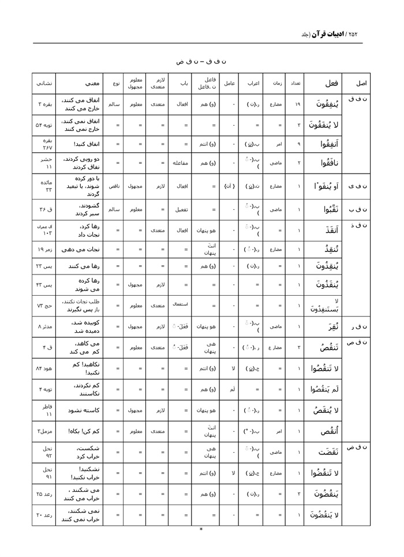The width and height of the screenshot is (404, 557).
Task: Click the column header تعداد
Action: (x=294, y=83)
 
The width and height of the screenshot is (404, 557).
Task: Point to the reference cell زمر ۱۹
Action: (x=46, y=249)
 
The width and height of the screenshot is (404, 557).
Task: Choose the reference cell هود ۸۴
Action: (x=46, y=368)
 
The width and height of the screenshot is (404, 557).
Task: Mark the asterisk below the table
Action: (x=200, y=529)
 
